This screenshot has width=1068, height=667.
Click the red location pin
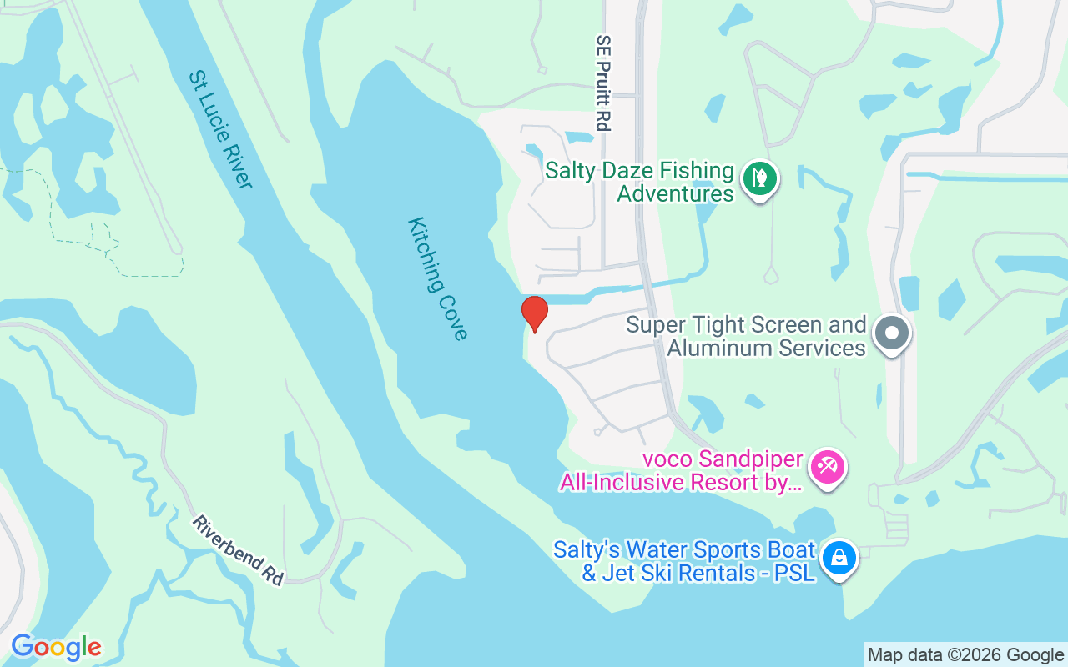click(x=535, y=313)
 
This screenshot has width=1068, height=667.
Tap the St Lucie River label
click(x=220, y=128)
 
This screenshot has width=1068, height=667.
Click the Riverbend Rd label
click(x=239, y=549)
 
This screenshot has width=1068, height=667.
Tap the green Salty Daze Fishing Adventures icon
click(x=760, y=178)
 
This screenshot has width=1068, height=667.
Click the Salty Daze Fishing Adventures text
click(x=639, y=183)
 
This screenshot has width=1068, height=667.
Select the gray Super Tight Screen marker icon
click(x=892, y=333)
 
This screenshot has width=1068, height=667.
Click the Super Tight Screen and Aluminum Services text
click(x=747, y=336)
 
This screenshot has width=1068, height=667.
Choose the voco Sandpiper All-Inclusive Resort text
click(x=682, y=471)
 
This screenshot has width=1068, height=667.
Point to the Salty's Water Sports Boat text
click(x=684, y=561)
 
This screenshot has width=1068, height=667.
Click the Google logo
click(x=57, y=647)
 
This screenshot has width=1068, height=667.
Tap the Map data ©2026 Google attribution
click(x=966, y=655)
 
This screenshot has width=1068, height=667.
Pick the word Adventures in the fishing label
click(x=675, y=194)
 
